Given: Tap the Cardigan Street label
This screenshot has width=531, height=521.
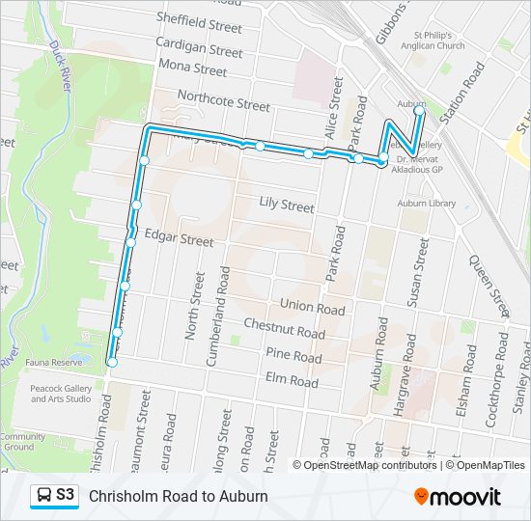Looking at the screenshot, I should point(199,49).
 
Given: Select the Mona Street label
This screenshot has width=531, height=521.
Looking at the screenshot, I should point(194,69).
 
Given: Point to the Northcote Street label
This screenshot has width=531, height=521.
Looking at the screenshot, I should point(224,100).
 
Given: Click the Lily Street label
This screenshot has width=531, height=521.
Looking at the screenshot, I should point(287,206).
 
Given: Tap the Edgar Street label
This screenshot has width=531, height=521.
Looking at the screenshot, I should point(179,238).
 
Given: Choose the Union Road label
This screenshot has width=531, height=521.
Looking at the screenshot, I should point(312,309).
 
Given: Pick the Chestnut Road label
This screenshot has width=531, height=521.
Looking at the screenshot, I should point(284,329).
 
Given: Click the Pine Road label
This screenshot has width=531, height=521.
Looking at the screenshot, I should point(293,356).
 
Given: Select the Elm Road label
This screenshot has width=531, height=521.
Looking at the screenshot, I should point(291,381).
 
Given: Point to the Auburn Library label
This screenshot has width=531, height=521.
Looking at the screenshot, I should point(427,204).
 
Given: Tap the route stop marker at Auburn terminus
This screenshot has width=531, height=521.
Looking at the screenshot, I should point(419,111).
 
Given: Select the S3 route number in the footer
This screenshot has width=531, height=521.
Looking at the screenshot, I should point(66,495).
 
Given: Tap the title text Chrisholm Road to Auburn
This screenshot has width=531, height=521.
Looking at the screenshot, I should point(179,496).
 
